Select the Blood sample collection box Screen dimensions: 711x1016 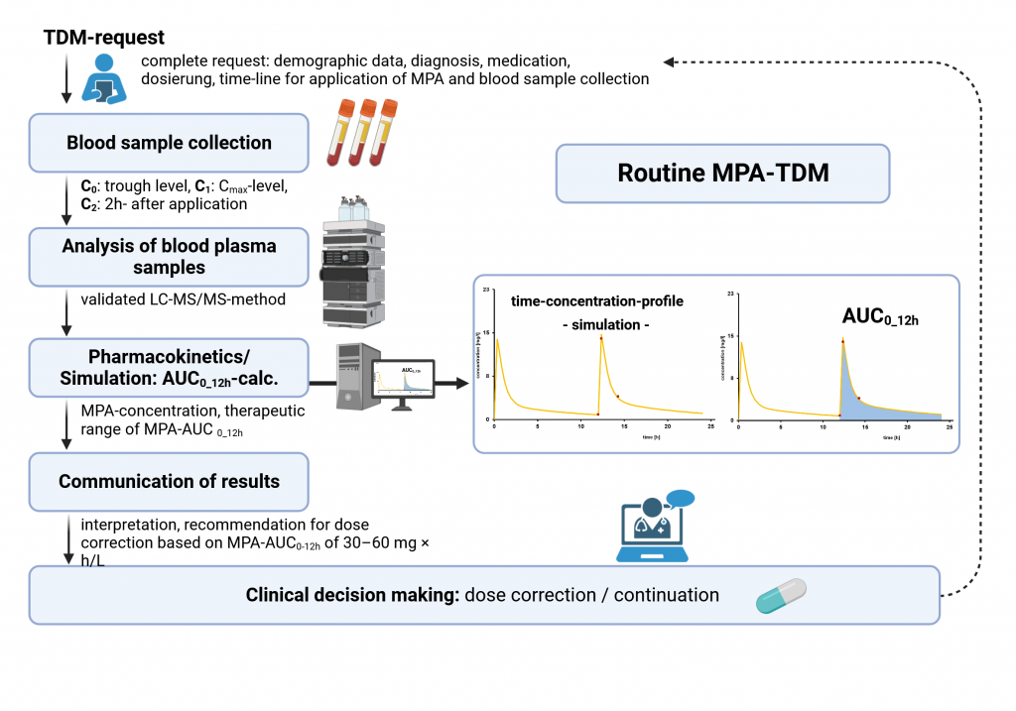[169, 143]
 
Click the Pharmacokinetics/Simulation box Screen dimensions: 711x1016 [169, 368]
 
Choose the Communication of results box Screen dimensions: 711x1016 [169, 482]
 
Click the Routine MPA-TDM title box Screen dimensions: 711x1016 [722, 173]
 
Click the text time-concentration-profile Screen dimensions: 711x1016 [584, 300]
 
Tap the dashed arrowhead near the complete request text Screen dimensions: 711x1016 [670, 61]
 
